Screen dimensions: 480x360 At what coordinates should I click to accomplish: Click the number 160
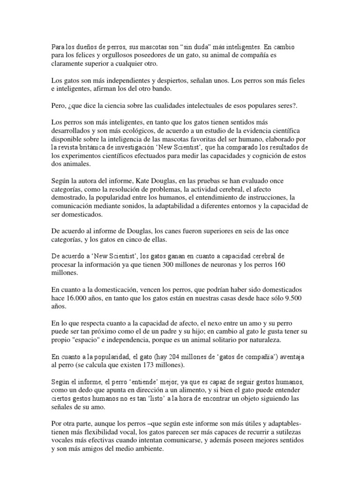click(x=278, y=265)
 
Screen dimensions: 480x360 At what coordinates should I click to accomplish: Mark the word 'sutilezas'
click(x=283, y=432)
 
